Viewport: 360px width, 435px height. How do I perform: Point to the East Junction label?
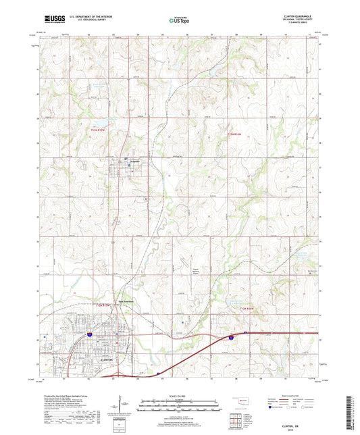click(x=128, y=301)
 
